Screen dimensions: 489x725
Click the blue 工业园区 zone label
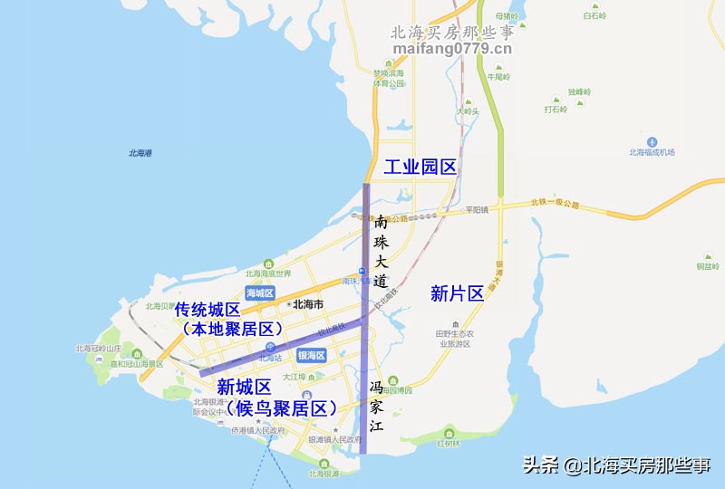point(420,168)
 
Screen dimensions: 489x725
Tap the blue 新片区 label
point(457,293)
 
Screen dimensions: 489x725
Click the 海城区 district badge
point(259,292)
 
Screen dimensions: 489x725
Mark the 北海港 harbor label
point(140,153)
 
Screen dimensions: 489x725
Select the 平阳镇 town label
point(477,209)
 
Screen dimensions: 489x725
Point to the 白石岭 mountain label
point(594,16)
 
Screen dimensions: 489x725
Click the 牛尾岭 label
point(499,77)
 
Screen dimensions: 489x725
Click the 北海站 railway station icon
point(270,347)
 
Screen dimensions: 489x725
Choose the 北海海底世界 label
point(268,273)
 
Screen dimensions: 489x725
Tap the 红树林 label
point(449,444)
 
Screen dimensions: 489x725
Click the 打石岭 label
point(555,110)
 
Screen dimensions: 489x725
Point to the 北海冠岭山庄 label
point(98,348)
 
